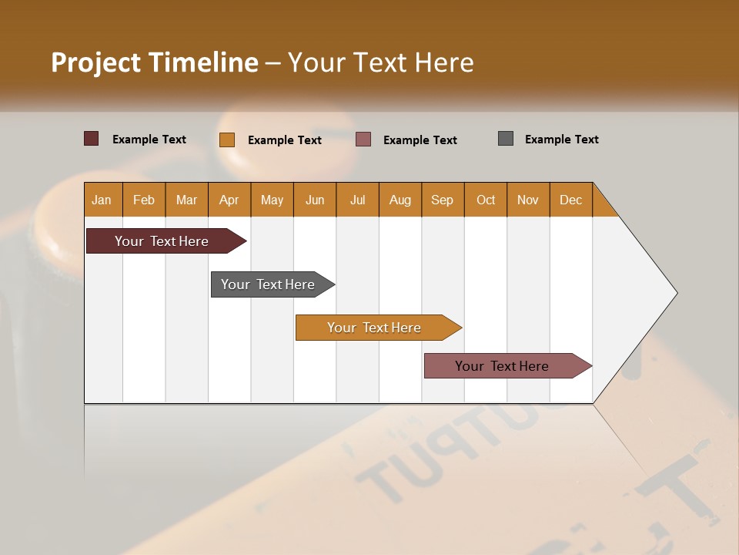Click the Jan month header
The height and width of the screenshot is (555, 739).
click(102, 200)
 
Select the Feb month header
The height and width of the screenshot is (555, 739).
click(144, 200)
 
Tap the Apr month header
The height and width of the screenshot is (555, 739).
click(229, 200)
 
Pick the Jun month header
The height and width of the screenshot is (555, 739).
click(315, 200)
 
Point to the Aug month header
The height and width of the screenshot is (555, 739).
click(400, 200)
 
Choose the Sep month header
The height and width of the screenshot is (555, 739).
click(443, 200)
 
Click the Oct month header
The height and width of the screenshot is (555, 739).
click(486, 200)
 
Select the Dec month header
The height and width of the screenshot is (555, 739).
click(571, 200)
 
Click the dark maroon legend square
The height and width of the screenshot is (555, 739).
click(92, 139)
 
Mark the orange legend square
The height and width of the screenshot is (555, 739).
click(227, 140)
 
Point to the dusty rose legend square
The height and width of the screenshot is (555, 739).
click(363, 140)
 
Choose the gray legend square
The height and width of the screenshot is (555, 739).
click(506, 139)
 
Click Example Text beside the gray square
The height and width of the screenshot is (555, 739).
click(561, 140)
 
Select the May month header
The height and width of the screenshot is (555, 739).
click(272, 200)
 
